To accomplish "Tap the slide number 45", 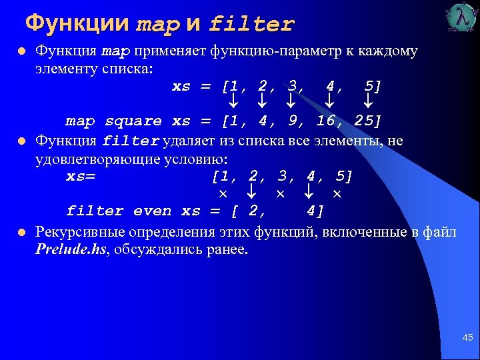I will pyautogui.click(x=467, y=339).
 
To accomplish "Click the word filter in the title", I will pyautogui.click(x=251, y=25).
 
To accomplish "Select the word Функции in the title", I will pyautogui.click(x=77, y=23).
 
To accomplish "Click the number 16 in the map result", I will pyautogui.click(x=326, y=121).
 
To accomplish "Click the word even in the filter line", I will pyautogui.click(x=152, y=211).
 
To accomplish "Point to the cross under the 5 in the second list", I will pyautogui.click(x=337, y=193).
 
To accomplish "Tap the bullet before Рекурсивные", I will pyautogui.click(x=21, y=233).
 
